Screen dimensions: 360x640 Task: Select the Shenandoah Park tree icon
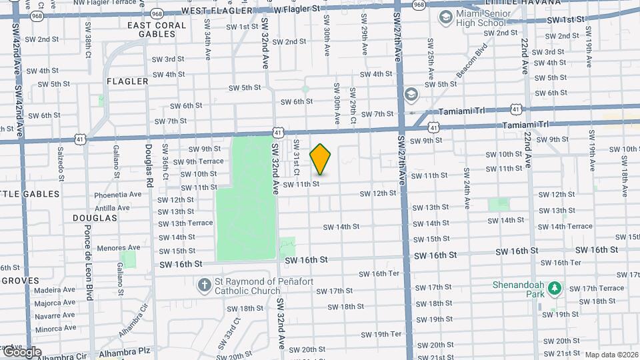[555, 289]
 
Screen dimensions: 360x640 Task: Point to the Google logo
[21, 353]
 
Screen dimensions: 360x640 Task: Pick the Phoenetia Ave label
[118, 195]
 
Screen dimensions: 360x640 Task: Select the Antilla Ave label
[113, 208]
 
